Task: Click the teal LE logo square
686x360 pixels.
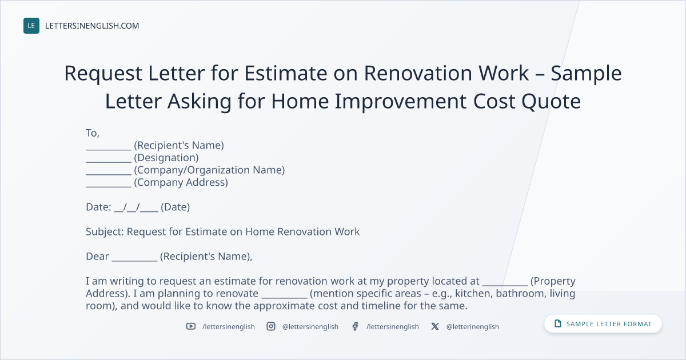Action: (x=31, y=26)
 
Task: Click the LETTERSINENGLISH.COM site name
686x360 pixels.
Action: (x=92, y=26)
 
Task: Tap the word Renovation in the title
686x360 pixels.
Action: (x=418, y=73)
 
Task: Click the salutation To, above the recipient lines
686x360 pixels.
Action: (x=93, y=133)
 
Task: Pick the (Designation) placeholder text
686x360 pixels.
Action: (x=166, y=158)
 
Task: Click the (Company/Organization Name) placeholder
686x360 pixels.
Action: (x=209, y=170)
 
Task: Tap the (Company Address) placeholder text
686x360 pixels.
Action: (x=181, y=182)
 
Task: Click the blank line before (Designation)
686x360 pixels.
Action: (x=109, y=162)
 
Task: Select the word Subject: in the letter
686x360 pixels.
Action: (x=105, y=232)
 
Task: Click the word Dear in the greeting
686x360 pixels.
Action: (x=97, y=256)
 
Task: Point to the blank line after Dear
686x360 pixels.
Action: (x=134, y=261)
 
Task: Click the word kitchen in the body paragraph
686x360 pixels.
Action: (x=474, y=293)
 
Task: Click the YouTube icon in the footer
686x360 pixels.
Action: (x=191, y=326)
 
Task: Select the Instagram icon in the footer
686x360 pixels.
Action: (x=271, y=326)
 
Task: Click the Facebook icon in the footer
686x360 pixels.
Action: (x=355, y=326)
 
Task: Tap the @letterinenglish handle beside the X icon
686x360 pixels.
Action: (x=473, y=327)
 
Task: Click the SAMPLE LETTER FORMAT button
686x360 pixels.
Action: (x=603, y=324)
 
